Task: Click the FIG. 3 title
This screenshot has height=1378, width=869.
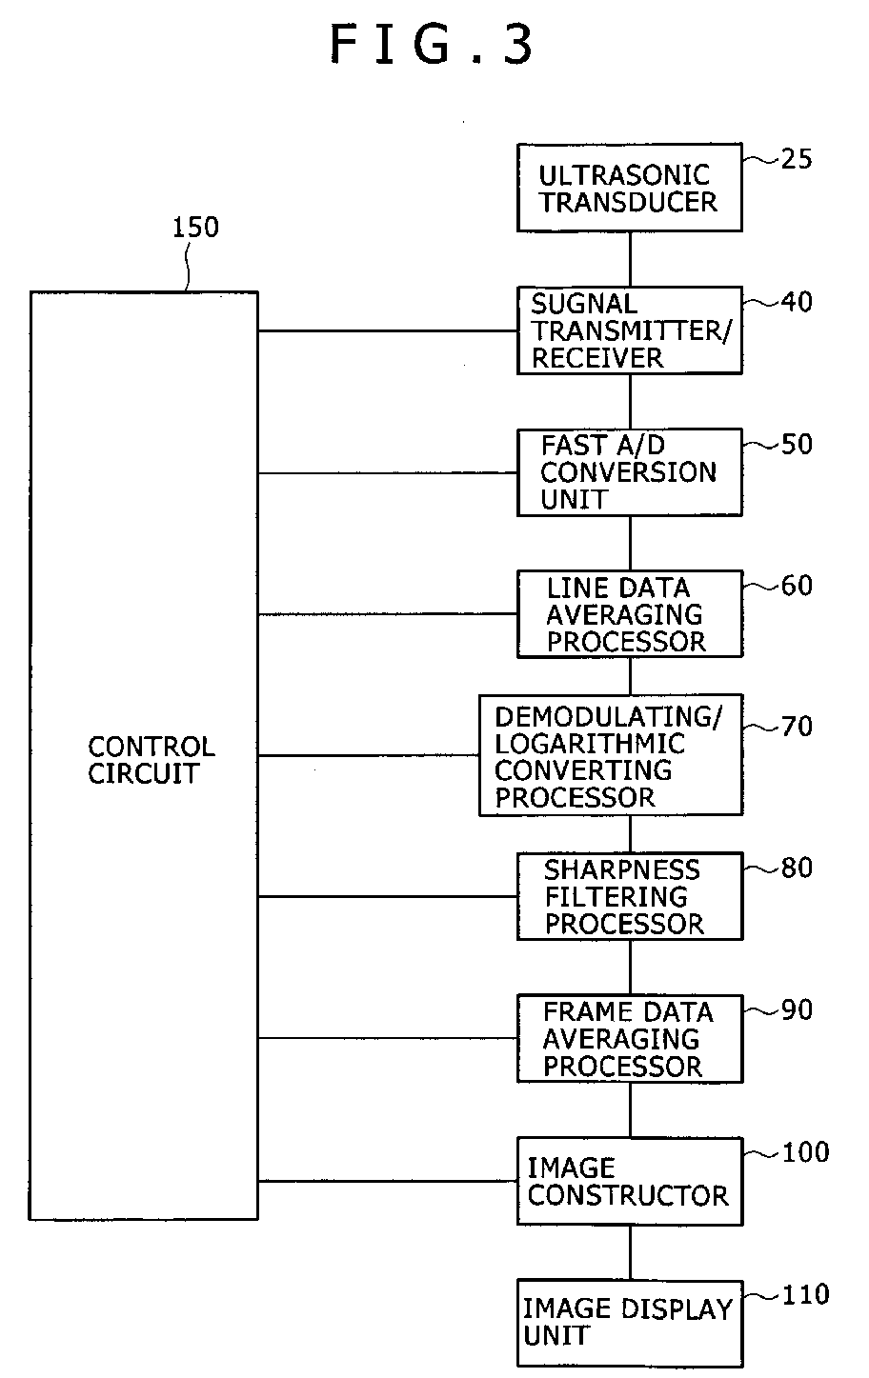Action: pyautogui.click(x=434, y=46)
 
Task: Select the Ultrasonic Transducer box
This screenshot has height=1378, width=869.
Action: pyautogui.click(x=629, y=188)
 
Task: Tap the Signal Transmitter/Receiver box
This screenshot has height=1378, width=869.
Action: pyautogui.click(x=629, y=330)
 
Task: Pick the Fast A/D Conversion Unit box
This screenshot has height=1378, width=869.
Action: pyautogui.click(x=629, y=472)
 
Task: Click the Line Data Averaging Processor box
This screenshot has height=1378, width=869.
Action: pyautogui.click(x=629, y=614)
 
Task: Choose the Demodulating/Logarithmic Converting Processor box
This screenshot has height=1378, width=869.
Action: pyautogui.click(x=610, y=755)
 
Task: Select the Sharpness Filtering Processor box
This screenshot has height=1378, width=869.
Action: pyautogui.click(x=629, y=896)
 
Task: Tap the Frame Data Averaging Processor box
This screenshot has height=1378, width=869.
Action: pyautogui.click(x=629, y=1038)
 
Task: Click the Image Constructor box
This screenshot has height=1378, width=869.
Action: pyautogui.click(x=629, y=1181)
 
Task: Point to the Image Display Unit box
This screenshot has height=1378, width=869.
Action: pyautogui.click(x=629, y=1323)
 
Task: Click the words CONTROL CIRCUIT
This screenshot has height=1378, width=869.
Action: pyautogui.click(x=152, y=760)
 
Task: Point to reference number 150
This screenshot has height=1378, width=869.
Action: pyautogui.click(x=194, y=229)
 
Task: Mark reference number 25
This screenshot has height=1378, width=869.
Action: pyautogui.click(x=797, y=159)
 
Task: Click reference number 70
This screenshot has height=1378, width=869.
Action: pyautogui.click(x=797, y=728)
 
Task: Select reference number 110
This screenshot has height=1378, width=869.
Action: pyautogui.click(x=805, y=1295)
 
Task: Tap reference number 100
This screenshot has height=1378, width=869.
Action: pyautogui.click(x=805, y=1153)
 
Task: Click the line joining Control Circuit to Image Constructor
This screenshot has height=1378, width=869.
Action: pyautogui.click(x=387, y=1182)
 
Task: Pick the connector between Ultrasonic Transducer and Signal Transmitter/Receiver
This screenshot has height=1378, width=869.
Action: pyautogui.click(x=630, y=259)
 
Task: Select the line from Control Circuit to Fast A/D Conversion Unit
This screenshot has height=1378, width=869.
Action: pyautogui.click(x=387, y=473)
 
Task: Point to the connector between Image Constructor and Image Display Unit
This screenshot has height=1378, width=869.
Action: pyautogui.click(x=630, y=1252)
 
